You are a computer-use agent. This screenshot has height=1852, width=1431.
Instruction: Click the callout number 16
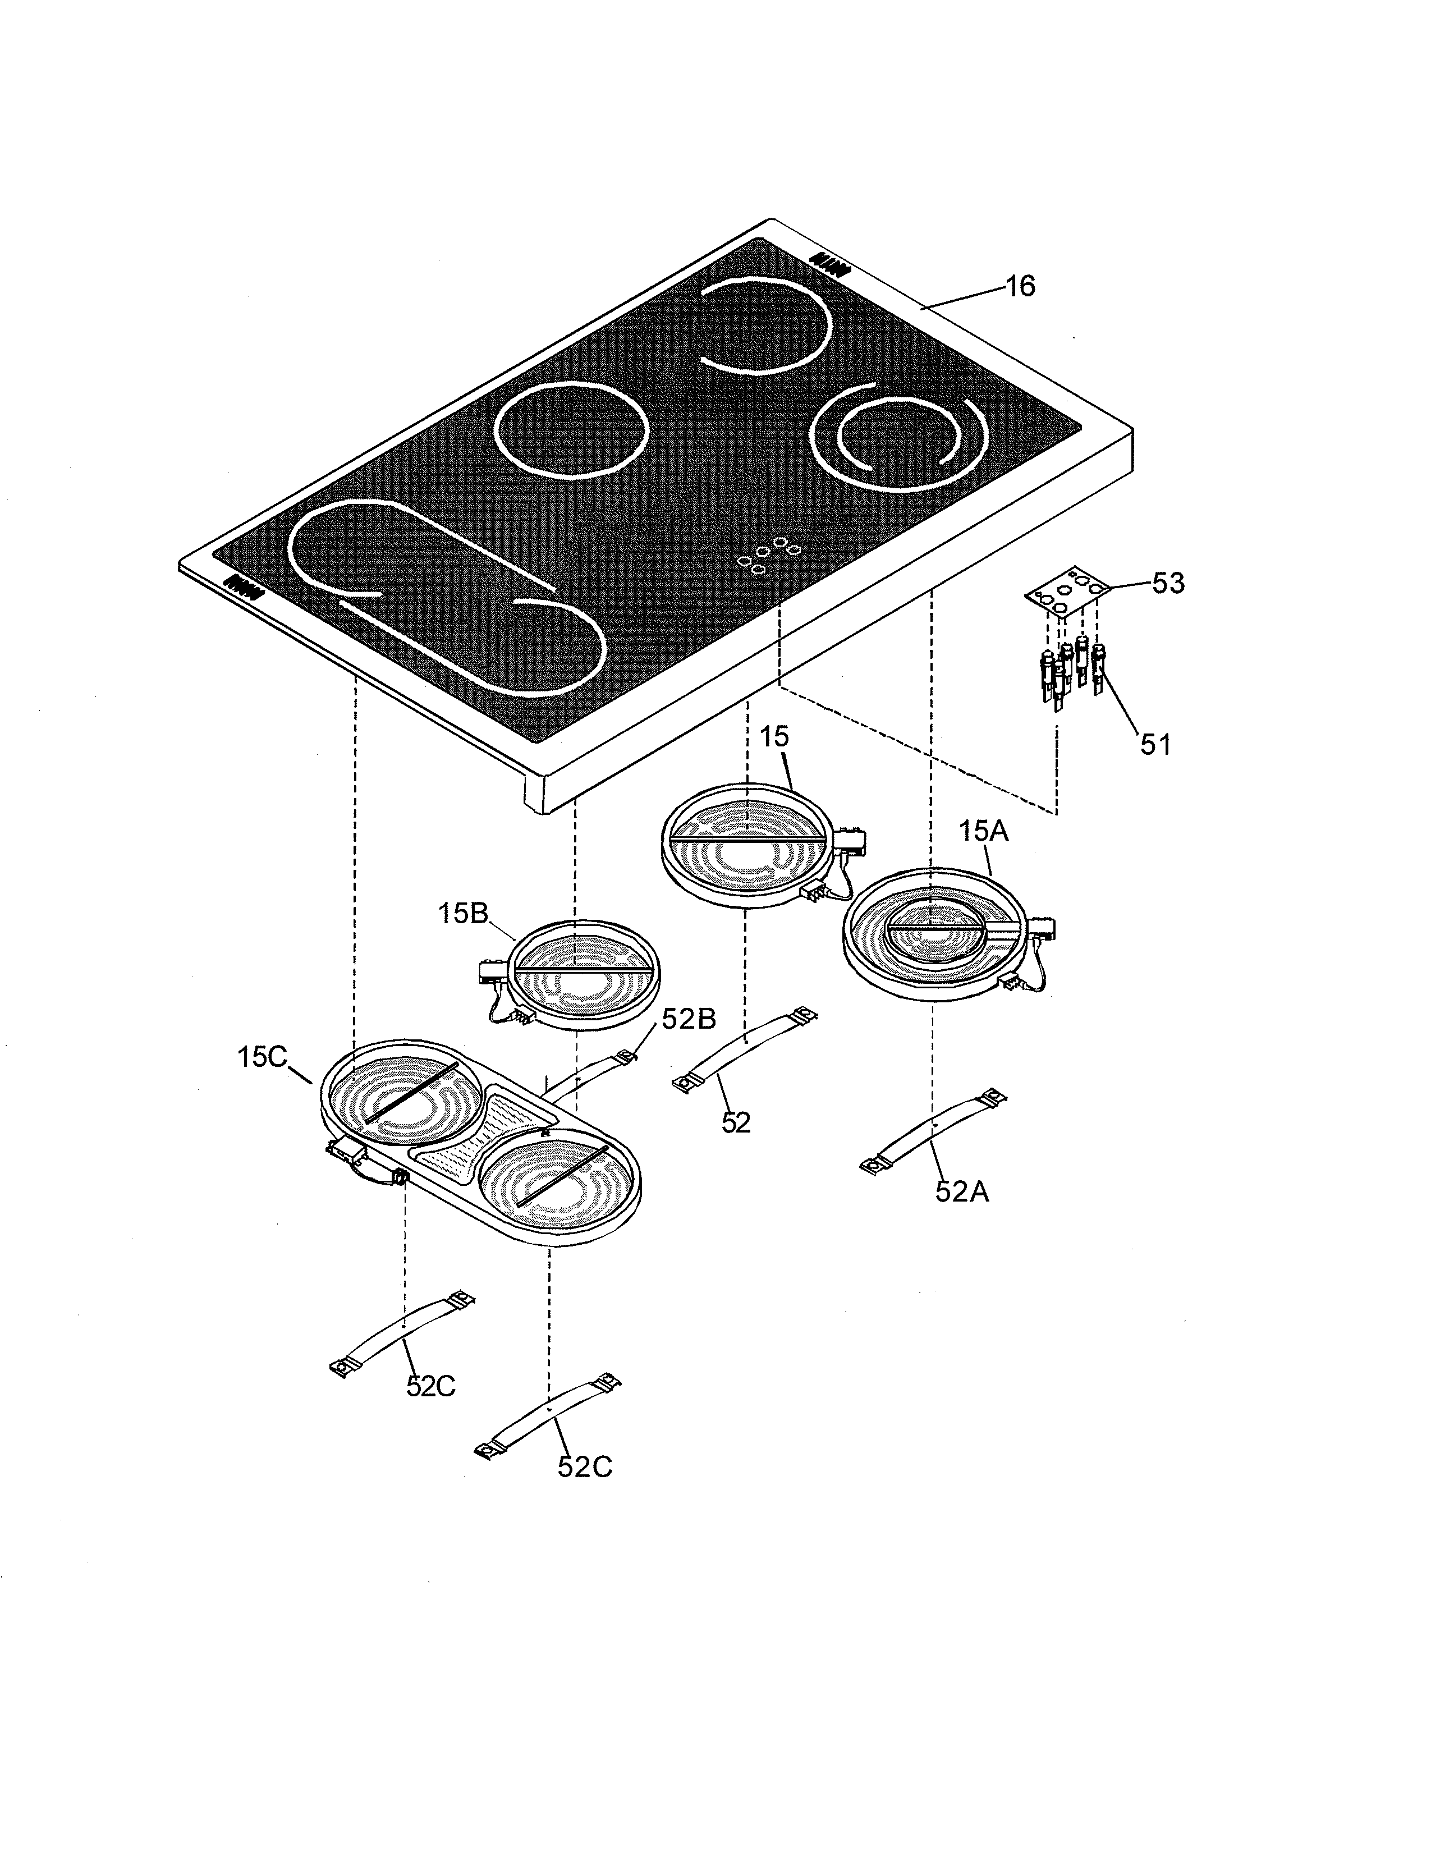click(1021, 287)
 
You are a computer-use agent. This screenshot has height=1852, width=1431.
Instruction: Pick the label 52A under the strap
click(962, 1191)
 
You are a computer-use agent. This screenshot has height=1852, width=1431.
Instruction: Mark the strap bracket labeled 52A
click(933, 1130)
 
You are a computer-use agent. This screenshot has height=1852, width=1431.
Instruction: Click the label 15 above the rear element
click(774, 736)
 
